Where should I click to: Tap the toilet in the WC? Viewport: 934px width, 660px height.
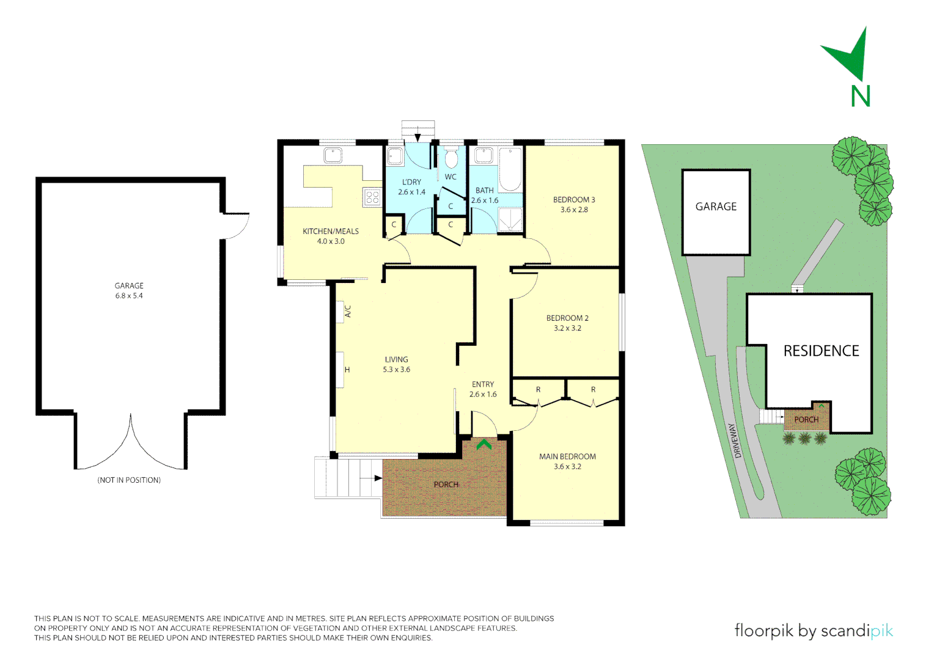(451, 158)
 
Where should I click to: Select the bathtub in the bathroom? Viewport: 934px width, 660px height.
(510, 169)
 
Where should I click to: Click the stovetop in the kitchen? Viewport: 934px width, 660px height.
(372, 197)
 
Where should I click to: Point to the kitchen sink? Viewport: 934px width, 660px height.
(333, 155)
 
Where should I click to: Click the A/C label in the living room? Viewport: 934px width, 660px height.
(348, 311)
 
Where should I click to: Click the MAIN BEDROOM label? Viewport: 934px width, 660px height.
(567, 457)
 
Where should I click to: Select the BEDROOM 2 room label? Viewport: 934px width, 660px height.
(567, 318)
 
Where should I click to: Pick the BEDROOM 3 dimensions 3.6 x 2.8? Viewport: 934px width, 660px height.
(574, 210)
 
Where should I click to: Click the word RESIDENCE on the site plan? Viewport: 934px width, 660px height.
(821, 351)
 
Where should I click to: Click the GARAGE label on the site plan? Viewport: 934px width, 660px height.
(716, 207)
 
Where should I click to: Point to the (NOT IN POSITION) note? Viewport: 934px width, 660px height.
(129, 480)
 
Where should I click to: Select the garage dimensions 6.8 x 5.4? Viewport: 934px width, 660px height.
(129, 296)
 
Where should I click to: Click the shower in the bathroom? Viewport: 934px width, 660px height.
(510, 220)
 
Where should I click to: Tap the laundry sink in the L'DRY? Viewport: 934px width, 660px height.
(394, 156)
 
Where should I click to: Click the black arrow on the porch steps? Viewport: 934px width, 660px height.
(370, 479)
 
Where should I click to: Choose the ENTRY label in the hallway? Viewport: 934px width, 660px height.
(483, 384)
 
